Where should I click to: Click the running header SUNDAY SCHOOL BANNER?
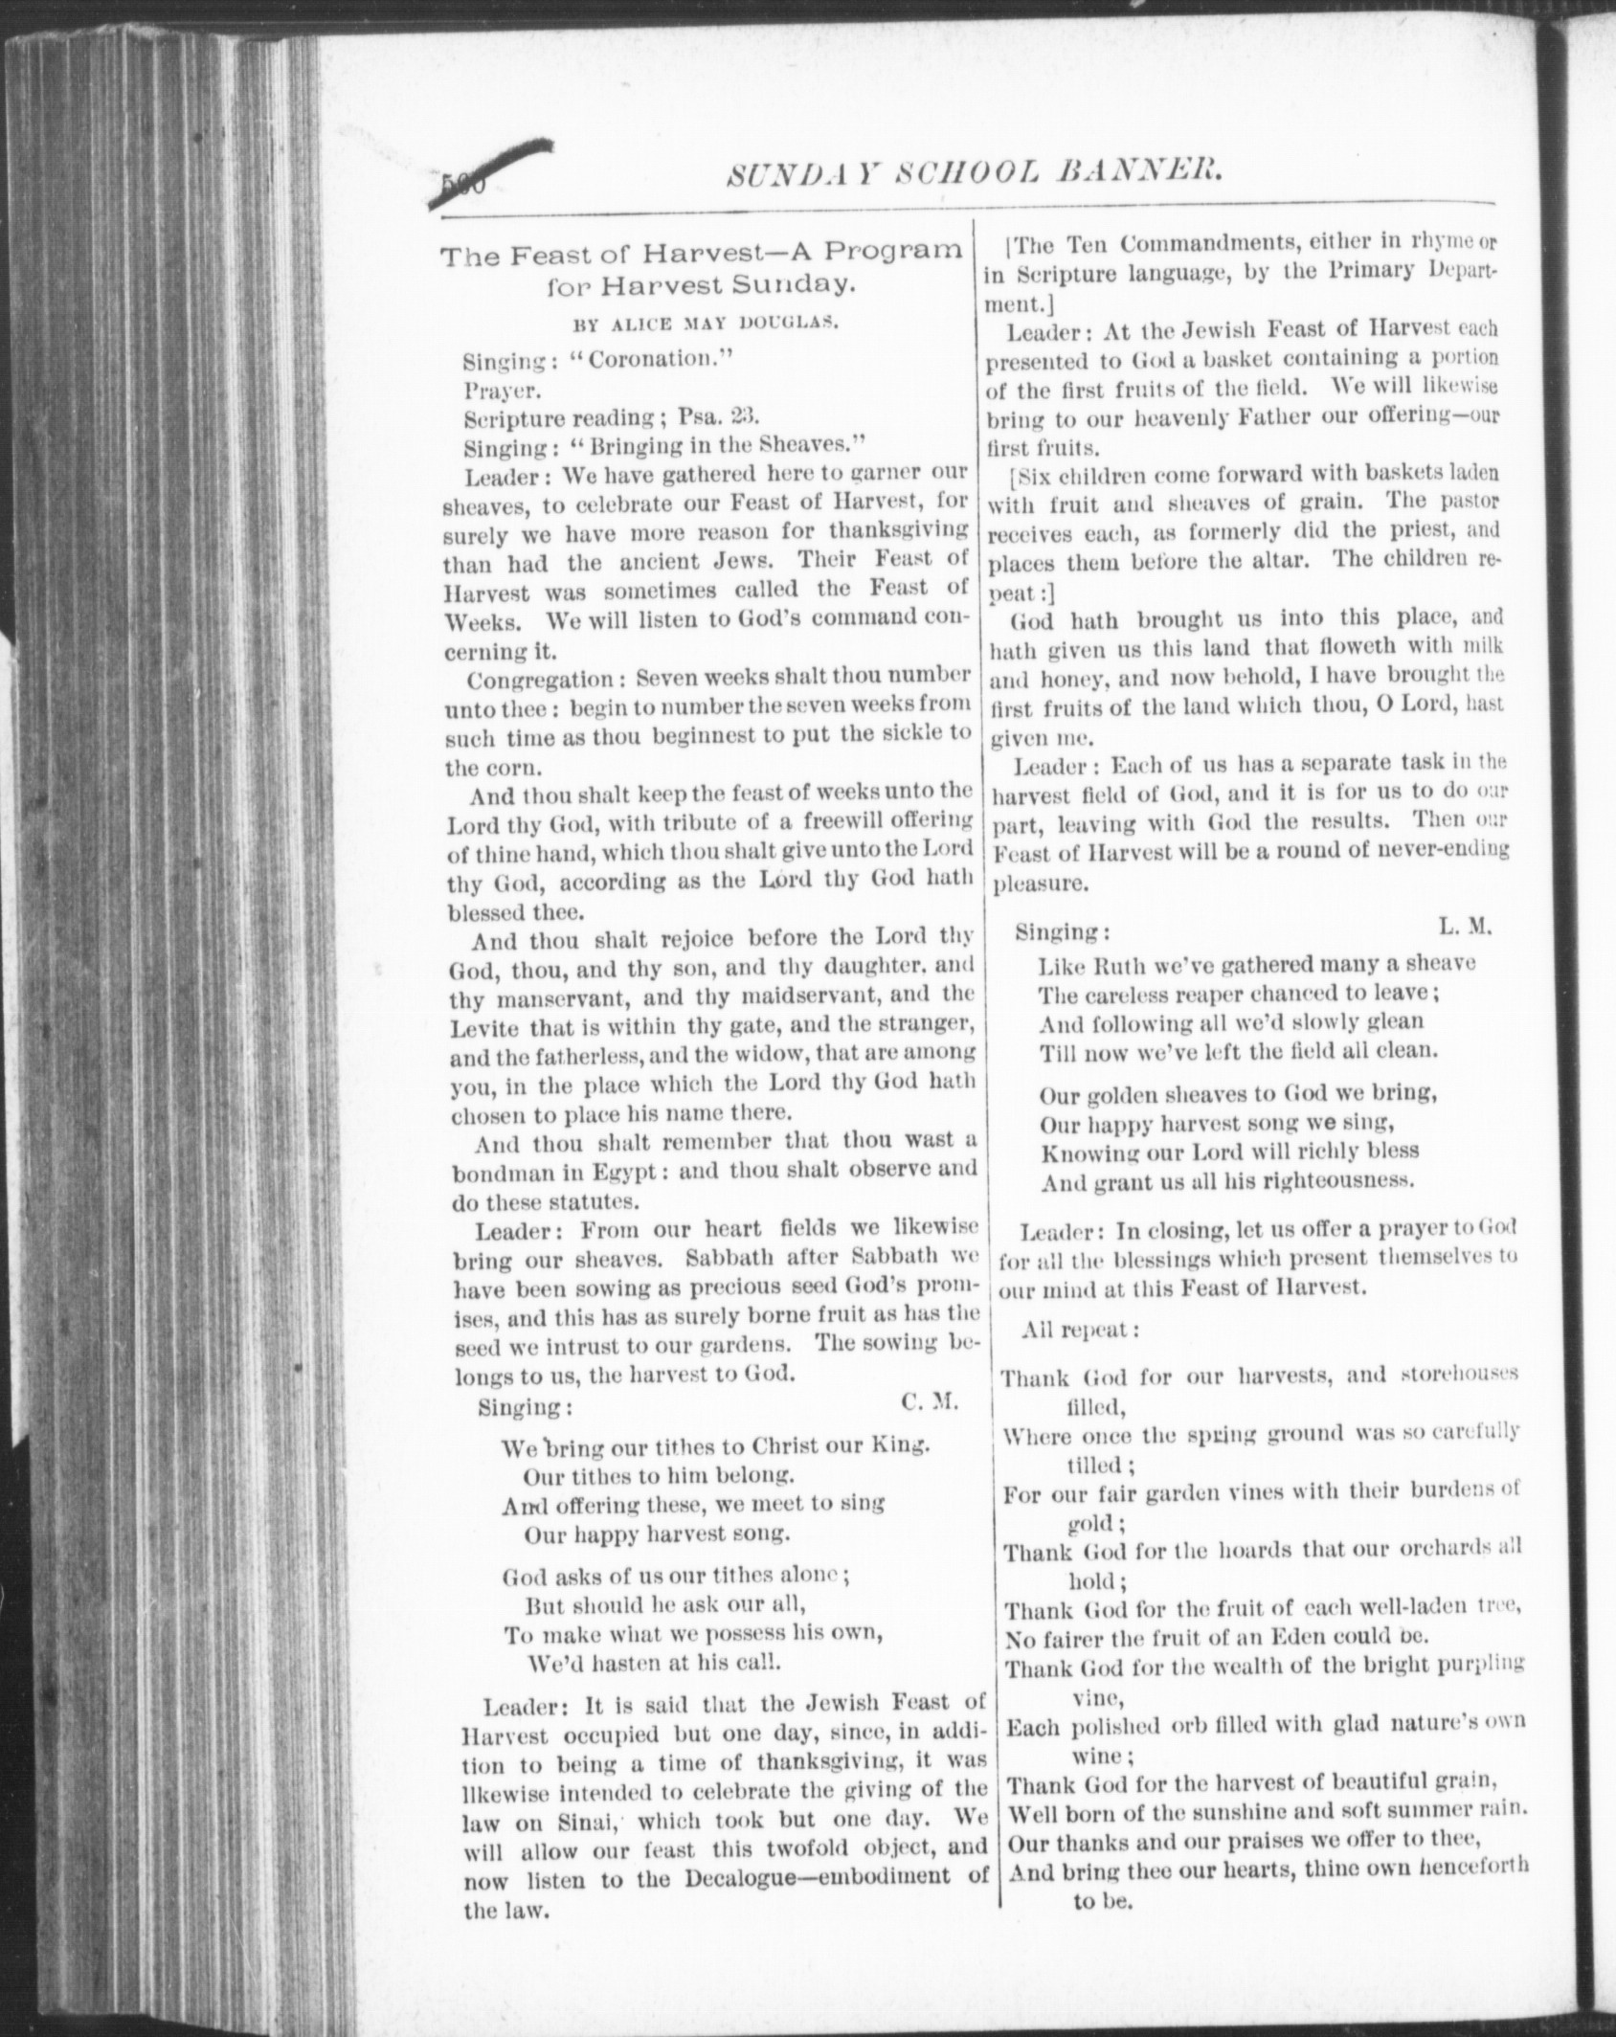(x=976, y=173)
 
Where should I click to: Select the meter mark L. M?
(x=1465, y=927)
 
